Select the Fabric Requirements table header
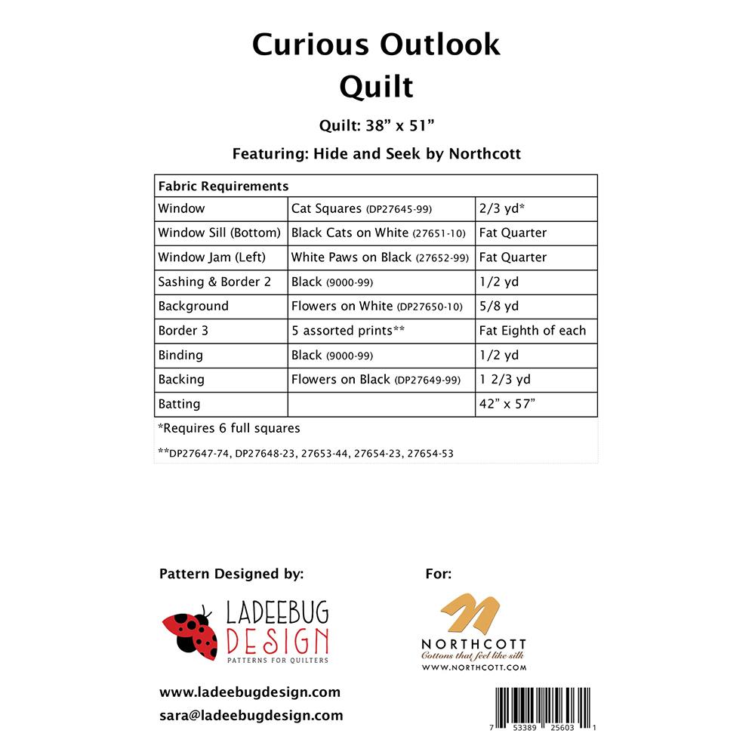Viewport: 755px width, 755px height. [x=223, y=186]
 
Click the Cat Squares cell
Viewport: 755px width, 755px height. [x=362, y=208]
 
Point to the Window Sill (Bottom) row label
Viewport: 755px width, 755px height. [x=219, y=233]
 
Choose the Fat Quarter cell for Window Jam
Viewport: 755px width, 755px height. [x=513, y=257]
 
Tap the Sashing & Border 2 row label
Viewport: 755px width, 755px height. [x=213, y=282]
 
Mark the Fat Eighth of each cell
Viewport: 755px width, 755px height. [x=532, y=331]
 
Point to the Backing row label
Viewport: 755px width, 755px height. [x=181, y=380]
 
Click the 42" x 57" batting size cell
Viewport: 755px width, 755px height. [x=507, y=404]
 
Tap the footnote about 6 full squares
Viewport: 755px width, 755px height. [x=229, y=428]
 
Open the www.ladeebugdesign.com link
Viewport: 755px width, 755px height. [x=250, y=692]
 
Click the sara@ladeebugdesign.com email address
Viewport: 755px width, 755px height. [x=251, y=715]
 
